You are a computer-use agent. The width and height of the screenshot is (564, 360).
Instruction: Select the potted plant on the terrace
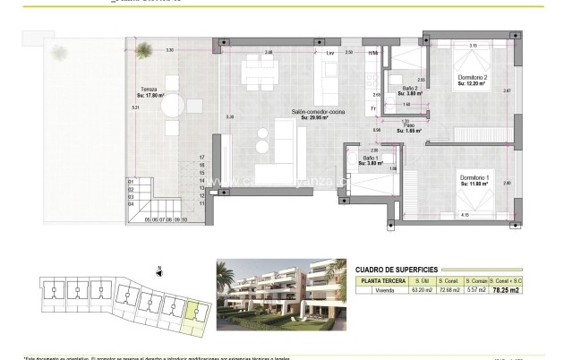pyautogui.click(x=59, y=51)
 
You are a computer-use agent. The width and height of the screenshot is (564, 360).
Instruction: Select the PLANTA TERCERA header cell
pyautogui.click(x=379, y=279)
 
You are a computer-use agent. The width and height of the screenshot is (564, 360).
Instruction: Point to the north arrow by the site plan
pyautogui.click(x=158, y=269)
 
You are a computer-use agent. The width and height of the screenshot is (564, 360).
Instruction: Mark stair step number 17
pyautogui.click(x=202, y=157)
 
